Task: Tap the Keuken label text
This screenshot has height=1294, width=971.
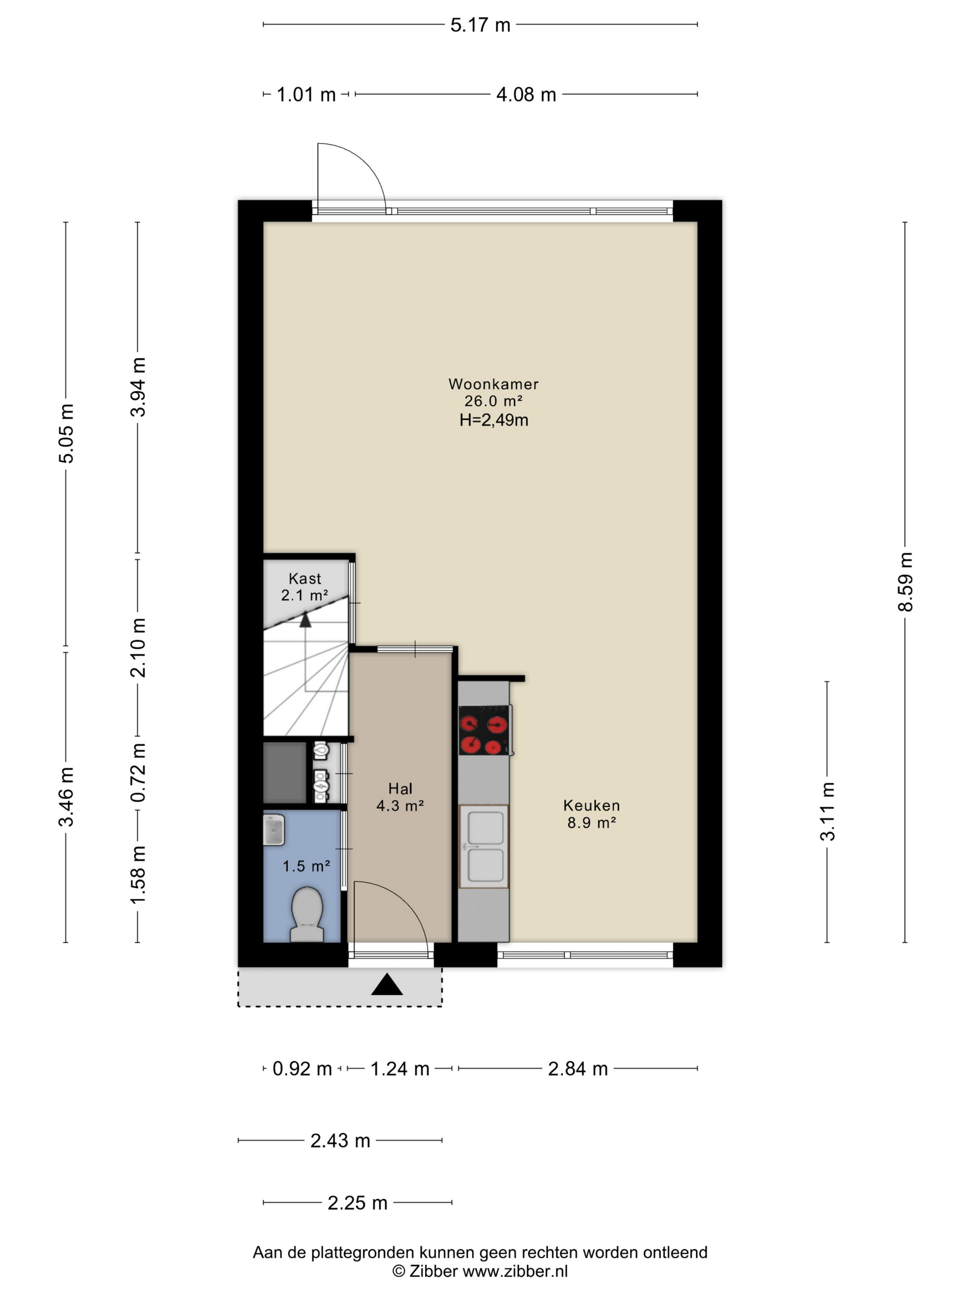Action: pyautogui.click(x=591, y=805)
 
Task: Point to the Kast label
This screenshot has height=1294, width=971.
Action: pyautogui.click(x=304, y=579)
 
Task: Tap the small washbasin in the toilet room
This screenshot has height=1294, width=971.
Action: pyautogui.click(x=273, y=830)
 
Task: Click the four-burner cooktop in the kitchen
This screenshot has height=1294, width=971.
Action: pyautogui.click(x=484, y=730)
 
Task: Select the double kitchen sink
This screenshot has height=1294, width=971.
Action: pyautogui.click(x=484, y=847)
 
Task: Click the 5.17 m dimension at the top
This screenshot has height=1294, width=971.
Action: pyautogui.click(x=480, y=25)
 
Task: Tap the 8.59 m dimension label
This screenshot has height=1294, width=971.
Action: pyautogui.click(x=905, y=581)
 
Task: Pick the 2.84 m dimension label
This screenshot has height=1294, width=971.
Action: pyautogui.click(x=578, y=1069)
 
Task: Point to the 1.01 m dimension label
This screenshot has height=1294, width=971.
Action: pyautogui.click(x=306, y=94)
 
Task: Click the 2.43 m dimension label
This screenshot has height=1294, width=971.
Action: pyautogui.click(x=340, y=1140)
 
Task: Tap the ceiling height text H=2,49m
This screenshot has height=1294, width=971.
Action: pyautogui.click(x=493, y=420)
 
